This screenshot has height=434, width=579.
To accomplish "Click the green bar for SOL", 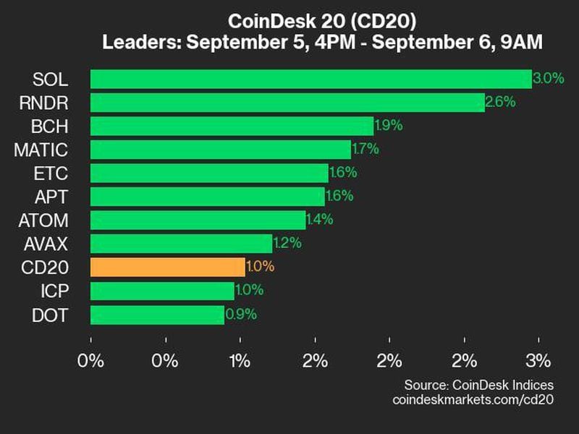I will pyautogui.click(x=310, y=79).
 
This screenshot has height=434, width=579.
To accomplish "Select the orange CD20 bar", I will pyautogui.click(x=168, y=267).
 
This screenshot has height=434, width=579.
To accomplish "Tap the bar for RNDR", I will pyautogui.click(x=287, y=102).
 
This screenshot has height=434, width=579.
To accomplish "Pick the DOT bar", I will pyautogui.click(x=157, y=315).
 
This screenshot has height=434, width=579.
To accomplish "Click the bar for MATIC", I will pyautogui.click(x=221, y=150).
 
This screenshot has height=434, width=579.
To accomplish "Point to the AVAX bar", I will pyautogui.click(x=181, y=244).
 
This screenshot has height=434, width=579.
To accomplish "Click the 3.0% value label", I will pyautogui.click(x=548, y=79).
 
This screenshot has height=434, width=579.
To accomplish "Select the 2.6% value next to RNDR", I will pyautogui.click(x=500, y=102).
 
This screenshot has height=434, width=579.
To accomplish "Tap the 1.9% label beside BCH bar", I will pyautogui.click(x=389, y=126).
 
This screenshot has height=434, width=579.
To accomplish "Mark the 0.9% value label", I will pyautogui.click(x=241, y=315).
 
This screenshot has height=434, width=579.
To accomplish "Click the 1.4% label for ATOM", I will pyautogui.click(x=319, y=220).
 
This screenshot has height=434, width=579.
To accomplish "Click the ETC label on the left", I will pyautogui.click(x=51, y=174).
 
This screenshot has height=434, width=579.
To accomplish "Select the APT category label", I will pyautogui.click(x=51, y=197).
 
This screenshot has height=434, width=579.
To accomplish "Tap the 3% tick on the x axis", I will pyautogui.click(x=538, y=361).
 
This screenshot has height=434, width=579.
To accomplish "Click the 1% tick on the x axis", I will pyautogui.click(x=240, y=361).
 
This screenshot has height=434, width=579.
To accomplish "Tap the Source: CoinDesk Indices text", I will pyautogui.click(x=478, y=385).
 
